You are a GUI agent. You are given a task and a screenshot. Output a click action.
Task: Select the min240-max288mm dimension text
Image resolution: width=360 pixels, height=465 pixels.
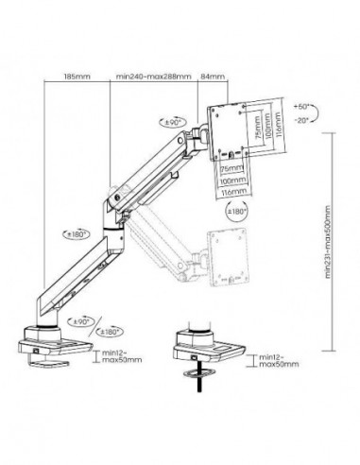pyautogui.click(x=151, y=77)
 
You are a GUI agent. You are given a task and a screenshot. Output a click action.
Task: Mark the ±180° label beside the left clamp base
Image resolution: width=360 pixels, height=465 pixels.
pyautogui.click(x=111, y=332)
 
